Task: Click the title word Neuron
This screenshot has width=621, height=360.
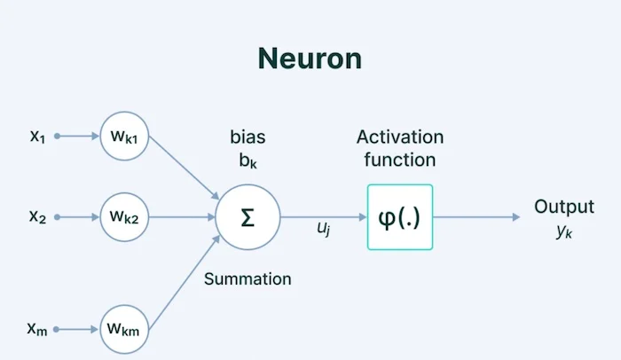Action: click(x=310, y=59)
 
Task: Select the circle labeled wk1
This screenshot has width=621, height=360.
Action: click(x=125, y=137)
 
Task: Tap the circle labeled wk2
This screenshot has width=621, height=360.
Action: click(x=125, y=215)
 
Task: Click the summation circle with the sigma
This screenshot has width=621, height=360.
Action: click(x=248, y=216)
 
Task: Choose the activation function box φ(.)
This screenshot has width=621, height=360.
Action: click(x=399, y=216)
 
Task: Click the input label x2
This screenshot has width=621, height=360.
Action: click(x=37, y=215)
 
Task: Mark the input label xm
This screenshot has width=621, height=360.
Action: click(x=37, y=329)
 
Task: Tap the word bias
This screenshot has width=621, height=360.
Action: click(x=248, y=138)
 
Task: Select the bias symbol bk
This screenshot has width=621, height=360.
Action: click(x=248, y=161)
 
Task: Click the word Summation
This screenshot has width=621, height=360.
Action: click(x=248, y=278)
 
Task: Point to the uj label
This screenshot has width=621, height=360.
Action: click(x=324, y=228)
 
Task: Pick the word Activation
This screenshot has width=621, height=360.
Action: click(x=399, y=137)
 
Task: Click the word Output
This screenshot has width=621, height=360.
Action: click(x=563, y=207)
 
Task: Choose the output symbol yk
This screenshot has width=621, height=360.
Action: click(x=564, y=230)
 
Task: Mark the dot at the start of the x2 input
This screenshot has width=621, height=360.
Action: click(x=57, y=215)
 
